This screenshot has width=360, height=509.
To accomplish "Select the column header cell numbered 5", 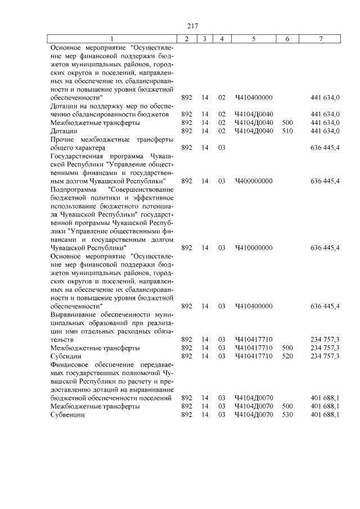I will pos(253,39).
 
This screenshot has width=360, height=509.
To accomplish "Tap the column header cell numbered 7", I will pos(321,39).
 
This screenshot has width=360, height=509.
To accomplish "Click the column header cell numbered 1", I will pos(111,39).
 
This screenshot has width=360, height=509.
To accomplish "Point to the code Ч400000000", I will pos(253,181).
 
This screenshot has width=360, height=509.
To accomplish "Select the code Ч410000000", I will pos(253,247).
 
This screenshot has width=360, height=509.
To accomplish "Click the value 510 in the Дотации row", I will pos(287,131).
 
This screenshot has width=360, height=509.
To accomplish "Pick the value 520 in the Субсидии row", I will pos(287,356).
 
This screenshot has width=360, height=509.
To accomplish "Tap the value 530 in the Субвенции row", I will pos(287,415).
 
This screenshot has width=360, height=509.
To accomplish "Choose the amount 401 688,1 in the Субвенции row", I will pos(325,415).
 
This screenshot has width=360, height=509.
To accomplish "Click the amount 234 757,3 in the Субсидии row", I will pos(325,356).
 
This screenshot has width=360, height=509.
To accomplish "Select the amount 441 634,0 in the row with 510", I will pos(325,131).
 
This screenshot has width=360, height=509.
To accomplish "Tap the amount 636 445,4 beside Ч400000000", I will pos(325,181).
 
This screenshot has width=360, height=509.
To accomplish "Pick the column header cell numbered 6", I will pos(287,39).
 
